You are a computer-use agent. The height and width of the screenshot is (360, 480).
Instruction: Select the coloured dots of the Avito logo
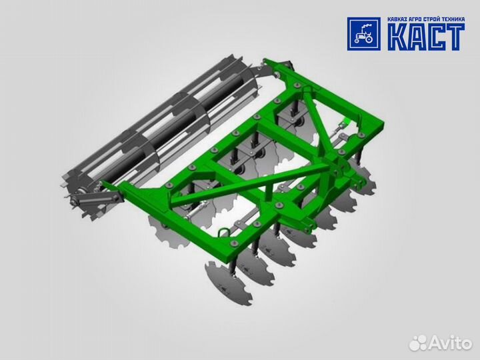[418, 343]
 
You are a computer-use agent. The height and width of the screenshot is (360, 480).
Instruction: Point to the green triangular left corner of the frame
[160, 193]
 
